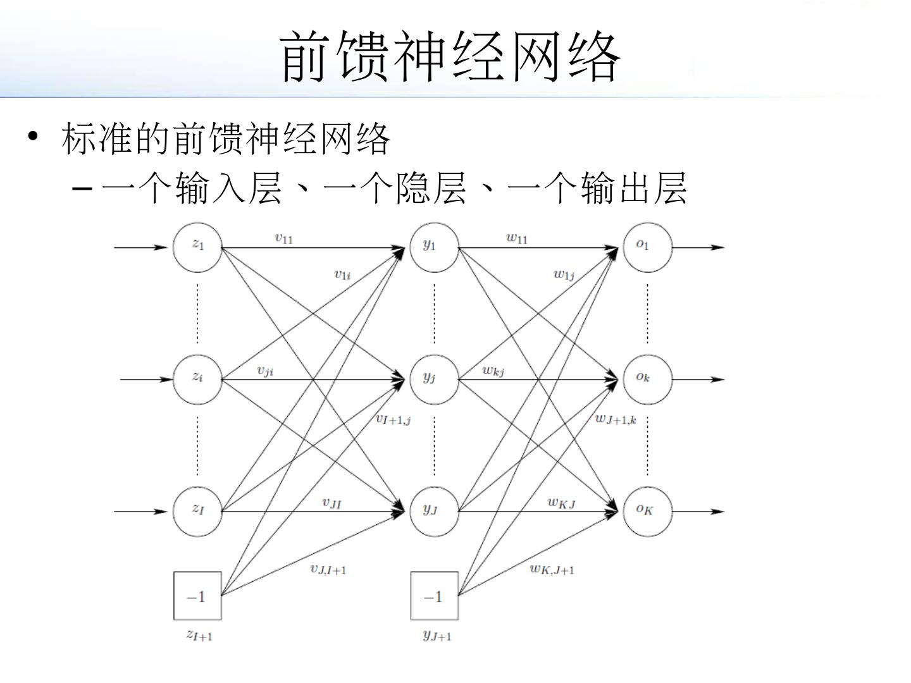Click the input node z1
point(197,247)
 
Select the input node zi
point(197,379)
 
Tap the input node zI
point(197,511)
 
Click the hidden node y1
point(434,247)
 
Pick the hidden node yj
point(434,379)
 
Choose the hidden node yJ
point(434,511)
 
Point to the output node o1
point(647,247)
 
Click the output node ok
point(647,379)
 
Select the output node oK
point(647,511)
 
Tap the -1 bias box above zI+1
point(197,596)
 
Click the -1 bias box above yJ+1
point(434,596)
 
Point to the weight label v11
point(283,238)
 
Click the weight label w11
point(516,238)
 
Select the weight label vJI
point(332,503)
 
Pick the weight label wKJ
point(561,503)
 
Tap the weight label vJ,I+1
point(328,569)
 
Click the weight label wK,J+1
point(552,569)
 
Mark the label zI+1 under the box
point(199,635)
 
